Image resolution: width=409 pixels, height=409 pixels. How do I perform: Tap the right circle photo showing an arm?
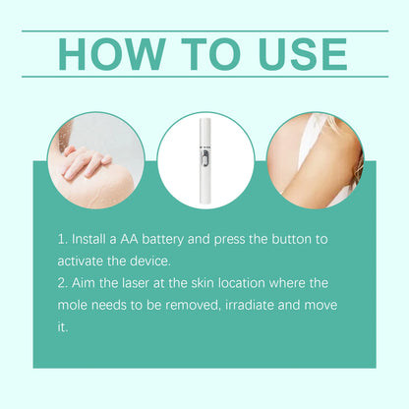coord(316,159)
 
